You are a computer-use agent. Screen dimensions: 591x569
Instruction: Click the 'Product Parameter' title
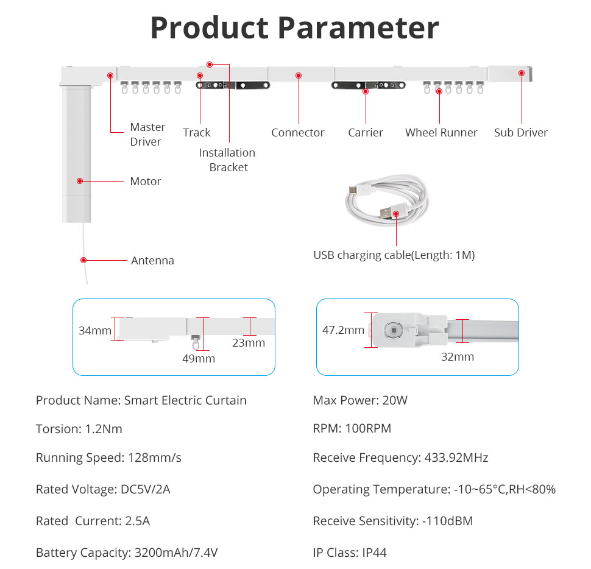click(x=295, y=28)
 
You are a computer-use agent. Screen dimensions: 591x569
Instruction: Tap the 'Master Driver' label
click(x=147, y=134)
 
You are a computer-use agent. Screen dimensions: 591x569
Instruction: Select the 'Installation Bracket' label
click(x=227, y=160)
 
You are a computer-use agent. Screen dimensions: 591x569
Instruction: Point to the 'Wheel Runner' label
click(x=441, y=133)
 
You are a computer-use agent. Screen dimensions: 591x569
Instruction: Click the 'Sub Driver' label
click(x=521, y=133)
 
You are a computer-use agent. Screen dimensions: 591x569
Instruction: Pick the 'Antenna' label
click(x=153, y=260)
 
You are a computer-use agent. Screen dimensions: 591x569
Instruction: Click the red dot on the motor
click(x=80, y=181)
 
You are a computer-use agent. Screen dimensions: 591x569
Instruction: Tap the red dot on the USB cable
click(x=396, y=214)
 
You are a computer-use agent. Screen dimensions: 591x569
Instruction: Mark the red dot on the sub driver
click(x=522, y=73)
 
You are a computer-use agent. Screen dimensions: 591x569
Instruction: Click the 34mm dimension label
click(x=95, y=330)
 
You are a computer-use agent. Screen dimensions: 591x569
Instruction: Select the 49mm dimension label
click(x=199, y=358)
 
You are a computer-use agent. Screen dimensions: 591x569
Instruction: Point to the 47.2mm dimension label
click(x=343, y=330)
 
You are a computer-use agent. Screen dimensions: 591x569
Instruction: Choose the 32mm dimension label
click(x=458, y=356)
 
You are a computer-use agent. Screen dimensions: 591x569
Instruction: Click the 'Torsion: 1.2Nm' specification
click(x=79, y=429)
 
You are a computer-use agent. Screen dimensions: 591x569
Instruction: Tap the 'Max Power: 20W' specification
click(x=360, y=400)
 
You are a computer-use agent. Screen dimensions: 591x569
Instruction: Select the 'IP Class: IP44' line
click(x=350, y=553)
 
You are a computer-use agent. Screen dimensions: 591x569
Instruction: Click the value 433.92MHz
click(x=456, y=458)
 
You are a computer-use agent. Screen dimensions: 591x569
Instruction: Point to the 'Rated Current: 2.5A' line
click(x=93, y=521)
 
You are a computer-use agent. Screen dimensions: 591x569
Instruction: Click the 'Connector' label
click(x=298, y=133)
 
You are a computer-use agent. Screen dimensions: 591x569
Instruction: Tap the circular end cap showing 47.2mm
click(x=393, y=330)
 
